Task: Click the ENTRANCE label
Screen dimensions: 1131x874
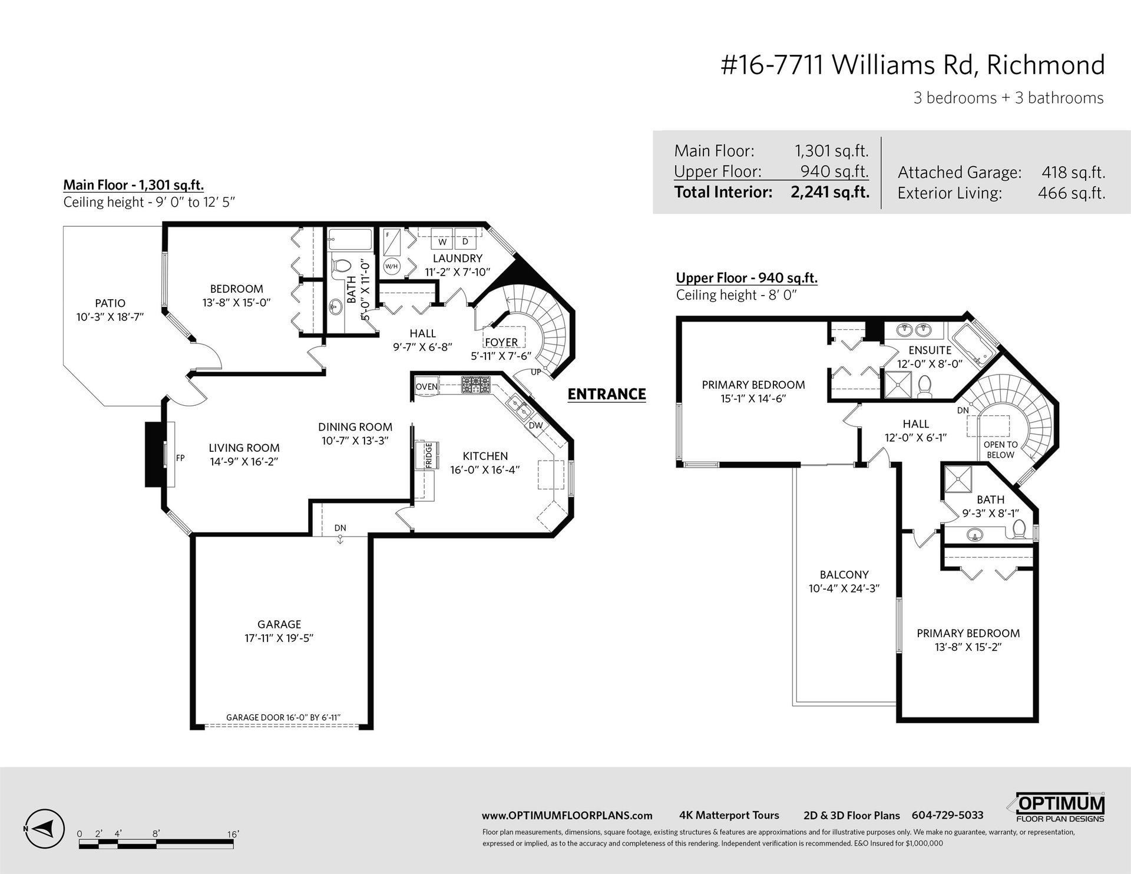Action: point(607,394)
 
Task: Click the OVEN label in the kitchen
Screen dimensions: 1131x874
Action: point(426,386)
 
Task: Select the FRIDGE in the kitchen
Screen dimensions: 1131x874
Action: point(428,455)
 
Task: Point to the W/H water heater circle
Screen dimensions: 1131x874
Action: point(392,266)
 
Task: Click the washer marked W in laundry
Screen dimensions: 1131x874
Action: point(442,241)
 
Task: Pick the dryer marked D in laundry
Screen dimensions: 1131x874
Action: point(465,241)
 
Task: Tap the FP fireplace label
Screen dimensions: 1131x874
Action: point(180,456)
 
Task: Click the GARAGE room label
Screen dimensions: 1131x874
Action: point(279,624)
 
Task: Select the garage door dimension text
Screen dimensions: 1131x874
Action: point(284,717)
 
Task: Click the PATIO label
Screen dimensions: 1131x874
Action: point(110,303)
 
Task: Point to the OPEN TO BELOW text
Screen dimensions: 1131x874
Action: point(1000,450)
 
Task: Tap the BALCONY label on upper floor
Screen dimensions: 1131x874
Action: point(844,574)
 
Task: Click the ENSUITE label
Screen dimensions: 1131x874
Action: point(930,350)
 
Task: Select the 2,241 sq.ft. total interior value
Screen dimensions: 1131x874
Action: point(830,192)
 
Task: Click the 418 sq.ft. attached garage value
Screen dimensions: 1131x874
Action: point(1073,173)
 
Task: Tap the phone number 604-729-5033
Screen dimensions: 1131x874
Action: point(947,815)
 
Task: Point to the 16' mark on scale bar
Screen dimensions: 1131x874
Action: point(233,834)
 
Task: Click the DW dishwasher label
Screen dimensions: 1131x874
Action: point(535,425)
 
